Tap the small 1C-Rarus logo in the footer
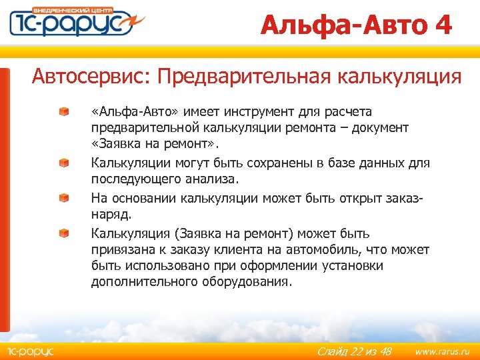31,351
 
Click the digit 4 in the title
442,25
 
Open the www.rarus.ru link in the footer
442,351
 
